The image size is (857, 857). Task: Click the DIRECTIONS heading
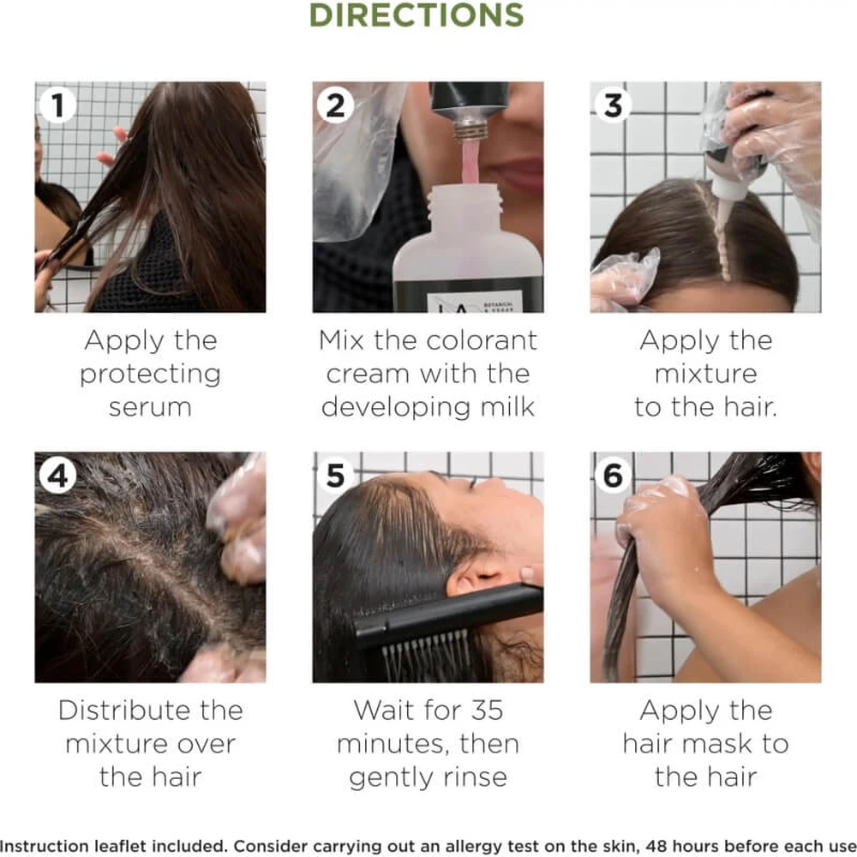(x=417, y=15)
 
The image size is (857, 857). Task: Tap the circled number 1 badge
(x=58, y=105)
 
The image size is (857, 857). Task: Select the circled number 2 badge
(x=335, y=105)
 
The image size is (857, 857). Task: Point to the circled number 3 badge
(x=613, y=105)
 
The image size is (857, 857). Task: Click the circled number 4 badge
(x=58, y=475)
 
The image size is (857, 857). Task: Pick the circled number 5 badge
(x=335, y=475)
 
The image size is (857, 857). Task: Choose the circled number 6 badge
(x=613, y=475)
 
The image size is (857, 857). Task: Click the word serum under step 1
(x=150, y=408)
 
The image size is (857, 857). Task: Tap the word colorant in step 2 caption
(x=482, y=340)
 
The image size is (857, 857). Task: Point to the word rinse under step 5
(x=476, y=777)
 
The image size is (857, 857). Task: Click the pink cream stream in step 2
(x=470, y=162)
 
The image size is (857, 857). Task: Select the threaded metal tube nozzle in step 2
(x=470, y=129)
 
